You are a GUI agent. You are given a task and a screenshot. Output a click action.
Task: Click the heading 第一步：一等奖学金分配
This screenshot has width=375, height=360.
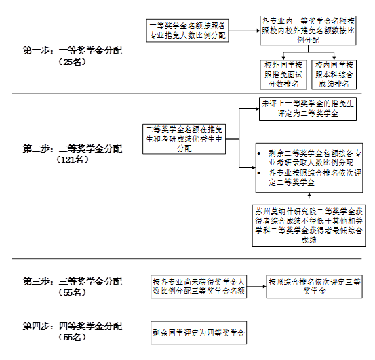click(73, 50)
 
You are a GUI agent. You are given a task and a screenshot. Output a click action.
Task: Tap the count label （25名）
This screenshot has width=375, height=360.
click(72, 62)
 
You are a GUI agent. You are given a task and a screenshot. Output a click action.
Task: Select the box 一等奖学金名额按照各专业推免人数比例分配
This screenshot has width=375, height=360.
click(187, 31)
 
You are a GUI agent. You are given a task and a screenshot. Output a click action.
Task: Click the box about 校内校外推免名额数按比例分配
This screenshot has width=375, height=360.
click(308, 31)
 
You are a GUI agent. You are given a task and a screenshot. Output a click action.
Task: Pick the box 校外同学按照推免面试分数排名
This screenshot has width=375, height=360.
click(283, 75)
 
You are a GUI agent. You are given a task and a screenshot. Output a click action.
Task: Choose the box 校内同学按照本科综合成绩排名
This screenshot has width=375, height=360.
click(334, 75)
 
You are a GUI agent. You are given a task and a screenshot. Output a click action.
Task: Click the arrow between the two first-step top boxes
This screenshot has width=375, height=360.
click(244, 31)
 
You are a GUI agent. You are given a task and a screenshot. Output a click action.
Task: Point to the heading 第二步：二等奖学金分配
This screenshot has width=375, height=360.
click(73, 148)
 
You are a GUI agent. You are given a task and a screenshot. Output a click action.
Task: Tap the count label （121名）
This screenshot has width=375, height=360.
click(72, 159)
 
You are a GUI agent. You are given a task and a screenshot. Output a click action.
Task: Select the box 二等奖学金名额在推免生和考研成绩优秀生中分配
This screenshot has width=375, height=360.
click(184, 139)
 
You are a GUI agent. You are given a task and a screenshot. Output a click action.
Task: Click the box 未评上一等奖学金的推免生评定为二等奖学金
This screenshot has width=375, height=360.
click(308, 108)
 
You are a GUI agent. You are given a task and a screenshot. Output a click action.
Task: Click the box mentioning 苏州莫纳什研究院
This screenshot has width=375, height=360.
click(309, 225)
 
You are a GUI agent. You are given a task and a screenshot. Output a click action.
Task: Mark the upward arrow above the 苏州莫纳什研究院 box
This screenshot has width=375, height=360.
click(309, 199)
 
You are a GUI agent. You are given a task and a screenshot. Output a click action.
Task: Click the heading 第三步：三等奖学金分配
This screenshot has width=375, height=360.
click(73, 281)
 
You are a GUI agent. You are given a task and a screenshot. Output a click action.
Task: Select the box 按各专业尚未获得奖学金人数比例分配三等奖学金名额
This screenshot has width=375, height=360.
click(199, 286)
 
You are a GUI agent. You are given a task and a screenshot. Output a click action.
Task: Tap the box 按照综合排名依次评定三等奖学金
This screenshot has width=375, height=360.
click(314, 286)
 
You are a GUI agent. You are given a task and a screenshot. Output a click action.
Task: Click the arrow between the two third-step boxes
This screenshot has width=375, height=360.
click(256, 286)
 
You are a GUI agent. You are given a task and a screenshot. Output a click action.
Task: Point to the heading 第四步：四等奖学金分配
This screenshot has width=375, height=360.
click(73, 326)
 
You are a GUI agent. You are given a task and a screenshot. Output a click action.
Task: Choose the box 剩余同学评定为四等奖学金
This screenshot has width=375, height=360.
click(199, 333)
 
